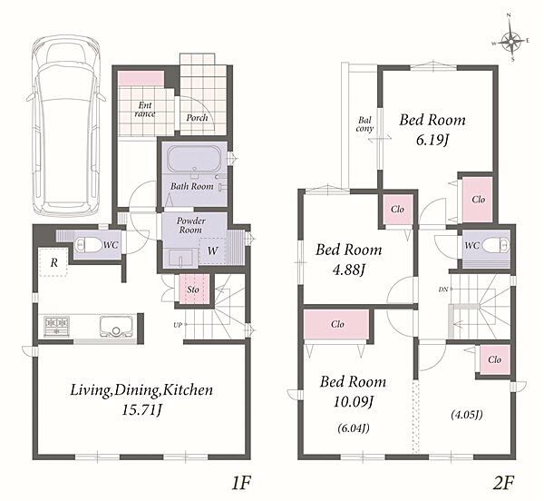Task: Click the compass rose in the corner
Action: (x=510, y=43)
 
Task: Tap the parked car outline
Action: (x=66, y=127)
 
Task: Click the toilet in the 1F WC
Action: (x=88, y=245)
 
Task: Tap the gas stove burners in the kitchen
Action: (x=56, y=327)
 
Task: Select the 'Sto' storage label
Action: (x=193, y=290)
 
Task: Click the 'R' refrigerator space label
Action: (x=53, y=263)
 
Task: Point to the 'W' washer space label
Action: (x=212, y=250)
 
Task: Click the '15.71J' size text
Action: (x=142, y=411)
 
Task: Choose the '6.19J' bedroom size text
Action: (x=432, y=141)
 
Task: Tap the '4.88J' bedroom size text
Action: (x=349, y=270)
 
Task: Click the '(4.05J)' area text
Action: (x=467, y=415)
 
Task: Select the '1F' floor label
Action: (x=241, y=483)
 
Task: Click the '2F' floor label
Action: (x=503, y=483)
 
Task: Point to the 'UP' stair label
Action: (x=178, y=325)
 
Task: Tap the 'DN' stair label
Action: (x=443, y=289)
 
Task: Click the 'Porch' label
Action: (x=197, y=118)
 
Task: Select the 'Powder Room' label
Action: (x=190, y=225)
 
